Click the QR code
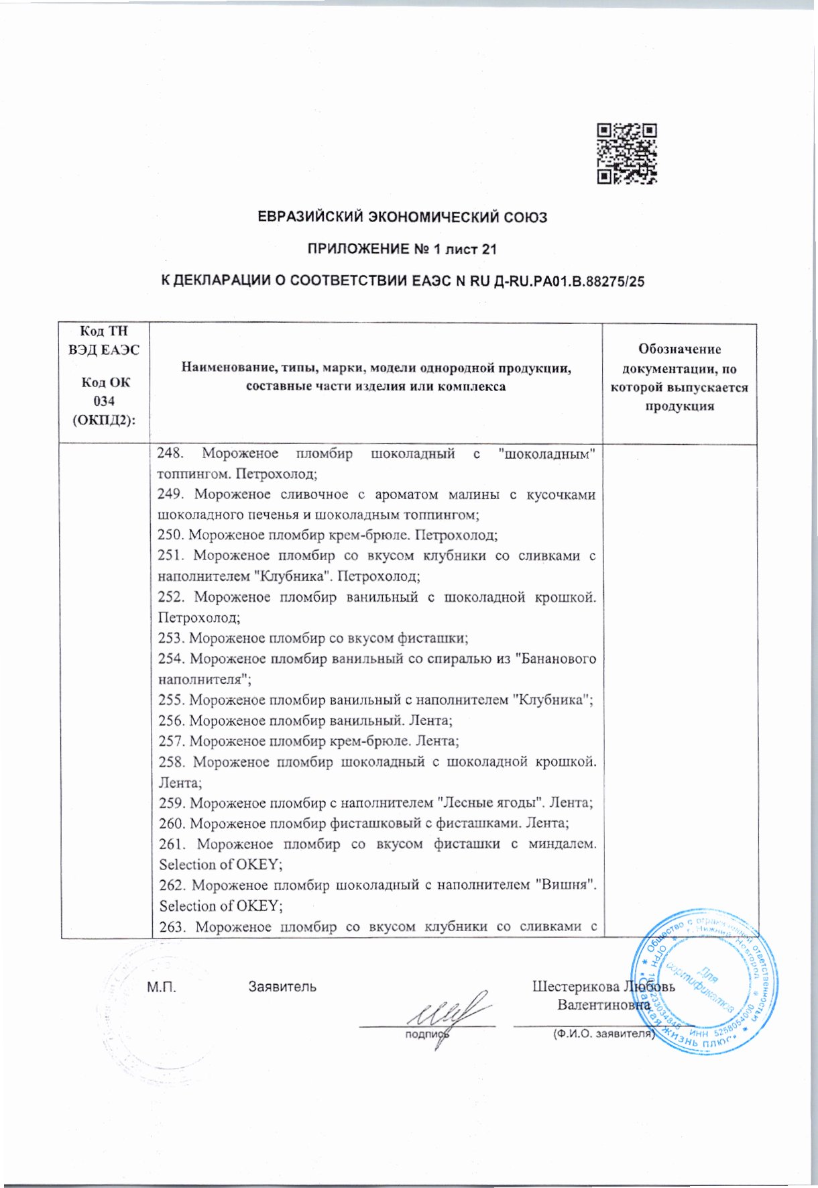(x=627, y=154)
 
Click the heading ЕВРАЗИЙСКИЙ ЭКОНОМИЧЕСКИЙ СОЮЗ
(x=402, y=217)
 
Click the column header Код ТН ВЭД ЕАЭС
(x=104, y=340)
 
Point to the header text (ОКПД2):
(x=104, y=420)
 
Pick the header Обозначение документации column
(x=679, y=378)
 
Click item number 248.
(x=170, y=453)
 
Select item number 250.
(x=170, y=535)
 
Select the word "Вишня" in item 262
(x=566, y=885)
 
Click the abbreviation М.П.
(x=162, y=987)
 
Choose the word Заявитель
(x=282, y=987)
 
